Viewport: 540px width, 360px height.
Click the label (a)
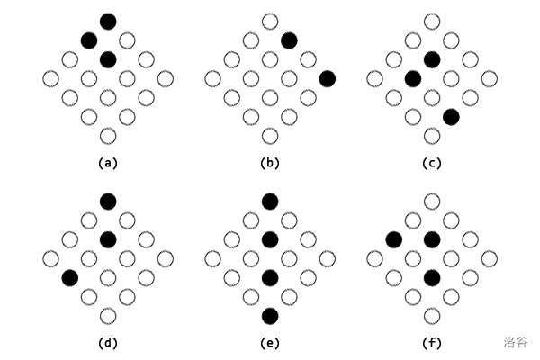coord(108,164)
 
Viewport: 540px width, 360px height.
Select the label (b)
coord(270,164)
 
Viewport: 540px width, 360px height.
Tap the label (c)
coord(432,164)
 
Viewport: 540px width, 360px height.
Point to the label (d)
coord(108,343)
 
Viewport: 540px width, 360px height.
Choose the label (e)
coord(270,343)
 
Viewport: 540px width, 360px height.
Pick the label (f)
coord(432,343)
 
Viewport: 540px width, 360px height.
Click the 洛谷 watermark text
coord(517,342)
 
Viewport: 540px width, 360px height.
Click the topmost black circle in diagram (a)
coord(108,21)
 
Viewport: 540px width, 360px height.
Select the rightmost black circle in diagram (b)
coord(328,78)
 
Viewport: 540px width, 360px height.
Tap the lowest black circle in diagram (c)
coord(452,117)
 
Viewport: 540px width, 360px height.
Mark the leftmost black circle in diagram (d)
coord(69,277)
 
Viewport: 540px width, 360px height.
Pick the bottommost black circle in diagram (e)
coord(270,316)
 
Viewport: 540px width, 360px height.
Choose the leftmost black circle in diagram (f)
coord(393,238)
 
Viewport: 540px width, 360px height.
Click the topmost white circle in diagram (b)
coord(270,21)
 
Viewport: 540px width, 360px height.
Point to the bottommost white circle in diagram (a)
coord(108,136)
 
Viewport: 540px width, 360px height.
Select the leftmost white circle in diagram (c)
coord(374,78)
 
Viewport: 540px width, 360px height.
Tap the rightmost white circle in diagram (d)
coord(166,258)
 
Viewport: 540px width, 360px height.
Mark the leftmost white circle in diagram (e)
coord(212,258)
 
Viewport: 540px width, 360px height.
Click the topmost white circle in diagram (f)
coord(432,200)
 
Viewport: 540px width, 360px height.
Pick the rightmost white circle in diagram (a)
coord(166,78)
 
